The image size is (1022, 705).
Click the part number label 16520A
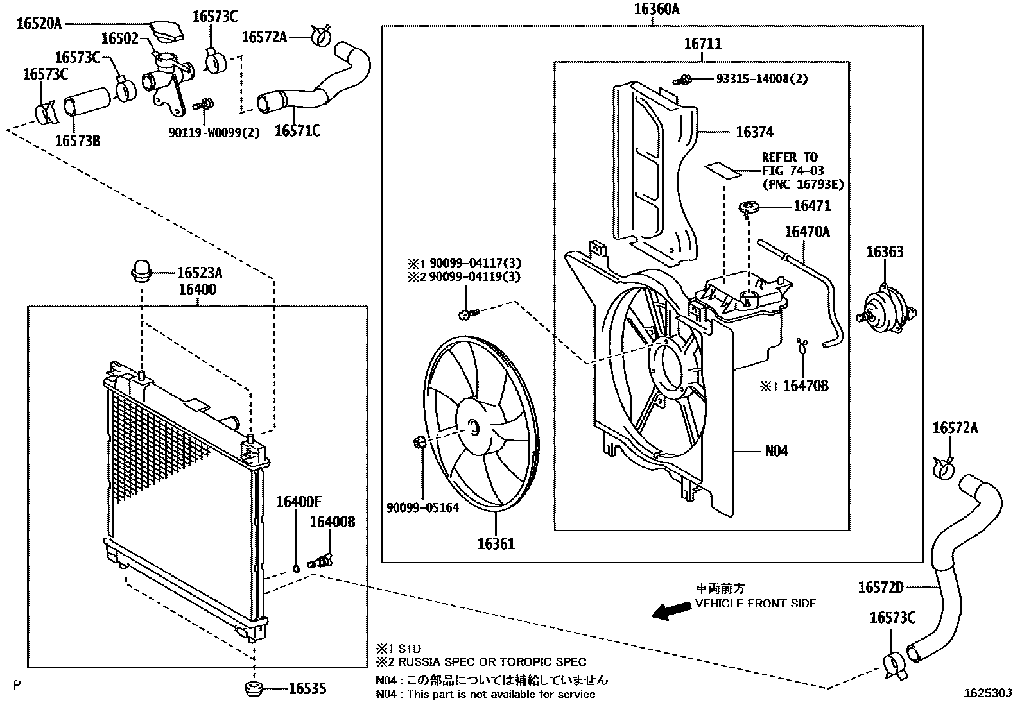(39, 24)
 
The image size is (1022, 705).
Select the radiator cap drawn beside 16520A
(164, 30)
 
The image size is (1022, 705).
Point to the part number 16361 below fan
(496, 544)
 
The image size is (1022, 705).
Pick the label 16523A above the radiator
(200, 273)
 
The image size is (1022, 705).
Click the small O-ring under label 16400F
(296, 568)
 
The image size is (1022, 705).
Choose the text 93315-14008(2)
(762, 79)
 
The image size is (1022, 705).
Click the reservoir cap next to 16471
(749, 207)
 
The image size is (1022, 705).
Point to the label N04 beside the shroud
(777, 451)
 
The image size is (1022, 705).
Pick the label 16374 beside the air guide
(754, 132)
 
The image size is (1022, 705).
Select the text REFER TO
(790, 157)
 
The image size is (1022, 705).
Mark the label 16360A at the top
(656, 9)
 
